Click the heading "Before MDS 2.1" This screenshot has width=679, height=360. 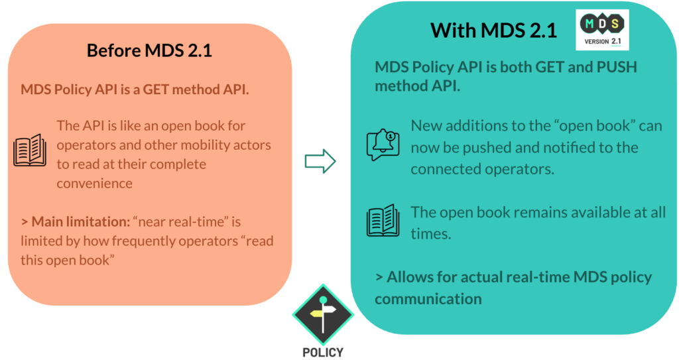pyautogui.click(x=149, y=50)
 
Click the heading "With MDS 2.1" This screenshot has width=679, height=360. pyautogui.click(x=493, y=30)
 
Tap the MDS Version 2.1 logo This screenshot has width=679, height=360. pyautogui.click(x=602, y=29)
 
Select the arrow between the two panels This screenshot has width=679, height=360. pyautogui.click(x=320, y=161)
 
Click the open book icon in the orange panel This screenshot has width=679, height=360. pyautogui.click(x=30, y=150)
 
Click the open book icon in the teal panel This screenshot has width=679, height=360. pyautogui.click(x=383, y=221)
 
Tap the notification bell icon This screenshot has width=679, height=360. pyautogui.click(x=383, y=145)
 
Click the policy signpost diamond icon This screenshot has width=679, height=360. pyautogui.click(x=323, y=314)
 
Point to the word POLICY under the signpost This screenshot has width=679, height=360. pyautogui.click(x=323, y=352)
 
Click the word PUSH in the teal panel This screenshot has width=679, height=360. pyautogui.click(x=617, y=67)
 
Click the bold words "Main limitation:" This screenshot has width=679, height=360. pyautogui.click(x=80, y=222)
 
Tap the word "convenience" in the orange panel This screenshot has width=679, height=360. pyautogui.click(x=94, y=183)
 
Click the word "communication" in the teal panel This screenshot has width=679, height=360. pyautogui.click(x=428, y=299)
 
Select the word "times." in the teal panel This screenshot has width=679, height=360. pyautogui.click(x=431, y=234)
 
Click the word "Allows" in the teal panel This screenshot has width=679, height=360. pyautogui.click(x=410, y=277)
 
